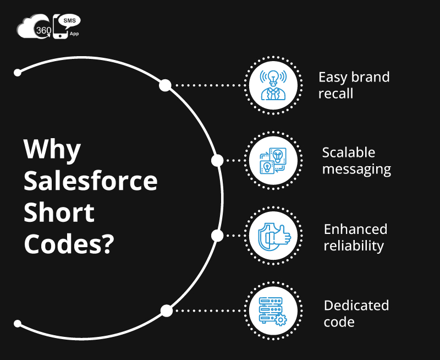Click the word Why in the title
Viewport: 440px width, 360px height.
click(52, 150)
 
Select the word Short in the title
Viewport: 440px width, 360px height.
click(59, 212)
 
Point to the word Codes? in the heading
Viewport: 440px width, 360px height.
click(69, 244)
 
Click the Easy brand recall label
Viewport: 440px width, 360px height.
click(354, 85)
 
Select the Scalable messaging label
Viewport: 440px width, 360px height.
click(356, 161)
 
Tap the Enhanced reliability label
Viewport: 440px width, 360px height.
click(355, 237)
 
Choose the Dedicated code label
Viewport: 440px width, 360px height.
click(356, 313)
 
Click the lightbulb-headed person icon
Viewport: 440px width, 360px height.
click(273, 85)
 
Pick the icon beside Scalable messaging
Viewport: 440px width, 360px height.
click(273, 161)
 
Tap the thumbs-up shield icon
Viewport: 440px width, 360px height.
click(274, 236)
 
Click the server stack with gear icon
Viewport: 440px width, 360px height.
click(273, 312)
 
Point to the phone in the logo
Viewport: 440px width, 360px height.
click(60, 27)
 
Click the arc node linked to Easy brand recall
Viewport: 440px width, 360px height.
click(166, 85)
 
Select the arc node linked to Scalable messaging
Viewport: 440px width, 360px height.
click(217, 161)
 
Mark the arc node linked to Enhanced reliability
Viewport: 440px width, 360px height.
click(217, 236)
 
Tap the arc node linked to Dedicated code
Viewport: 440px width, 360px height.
click(167, 311)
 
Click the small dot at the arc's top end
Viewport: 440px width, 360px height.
click(18, 73)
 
